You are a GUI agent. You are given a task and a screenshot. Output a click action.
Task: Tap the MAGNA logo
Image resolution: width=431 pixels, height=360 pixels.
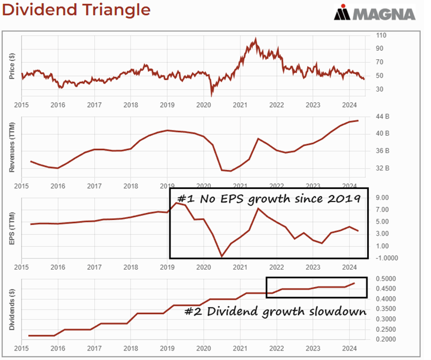[x=375, y=13]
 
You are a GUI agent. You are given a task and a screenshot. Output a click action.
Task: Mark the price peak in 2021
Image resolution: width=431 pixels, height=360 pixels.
[x=256, y=39]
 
